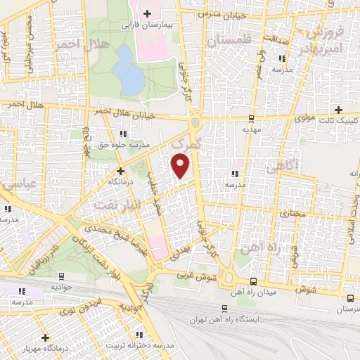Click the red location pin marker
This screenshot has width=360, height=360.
(x=181, y=165)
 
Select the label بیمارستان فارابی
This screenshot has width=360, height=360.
(x=147, y=25)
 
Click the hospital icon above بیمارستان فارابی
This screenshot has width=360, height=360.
(x=146, y=13)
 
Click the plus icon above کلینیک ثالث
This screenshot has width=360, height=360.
(x=339, y=110)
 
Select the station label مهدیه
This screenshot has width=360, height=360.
(x=252, y=129)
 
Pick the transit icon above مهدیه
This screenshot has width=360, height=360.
(x=252, y=118)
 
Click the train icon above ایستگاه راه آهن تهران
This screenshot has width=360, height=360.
(x=224, y=308)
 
